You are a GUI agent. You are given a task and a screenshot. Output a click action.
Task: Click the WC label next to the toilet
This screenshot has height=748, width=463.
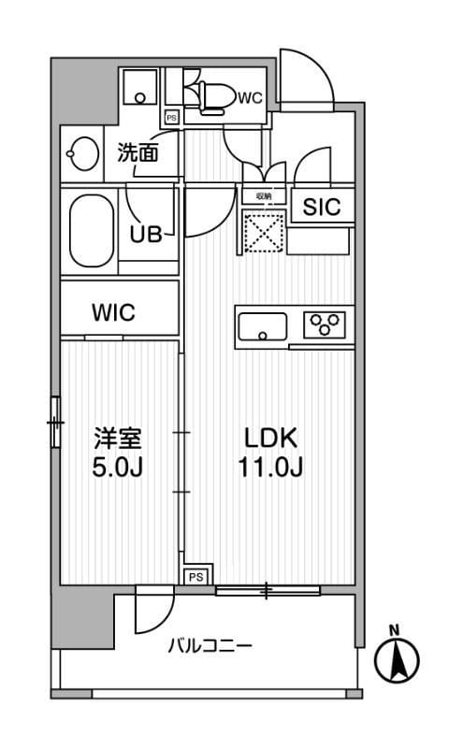249,96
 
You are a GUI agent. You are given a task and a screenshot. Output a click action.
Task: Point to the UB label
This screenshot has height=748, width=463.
145,234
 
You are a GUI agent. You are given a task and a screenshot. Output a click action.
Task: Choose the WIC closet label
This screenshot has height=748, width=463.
113,312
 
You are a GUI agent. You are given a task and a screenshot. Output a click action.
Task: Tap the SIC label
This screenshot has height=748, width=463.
322,208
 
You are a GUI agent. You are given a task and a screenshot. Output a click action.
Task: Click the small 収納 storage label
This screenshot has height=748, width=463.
263,196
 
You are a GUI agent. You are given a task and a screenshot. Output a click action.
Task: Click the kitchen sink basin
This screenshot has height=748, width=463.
264,327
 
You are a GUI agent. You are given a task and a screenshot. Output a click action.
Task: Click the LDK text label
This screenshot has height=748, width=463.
270,438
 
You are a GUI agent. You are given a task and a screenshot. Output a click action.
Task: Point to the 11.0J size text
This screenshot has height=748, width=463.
271,467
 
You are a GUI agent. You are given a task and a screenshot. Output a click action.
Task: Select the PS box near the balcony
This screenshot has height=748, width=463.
195,577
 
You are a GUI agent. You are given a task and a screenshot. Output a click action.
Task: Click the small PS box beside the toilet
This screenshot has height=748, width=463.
172,118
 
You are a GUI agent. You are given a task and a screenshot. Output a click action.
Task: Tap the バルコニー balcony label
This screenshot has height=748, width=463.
210,646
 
